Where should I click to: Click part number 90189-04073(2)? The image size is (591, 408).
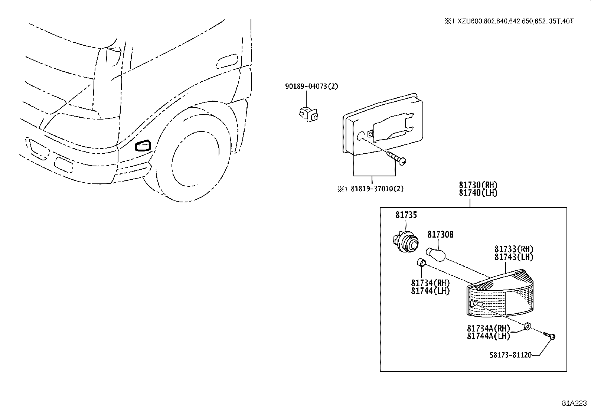pyautogui.click(x=311, y=86)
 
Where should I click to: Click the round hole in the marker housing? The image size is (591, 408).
pyautogui.click(x=360, y=136)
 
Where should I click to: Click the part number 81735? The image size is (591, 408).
pyautogui.click(x=406, y=215)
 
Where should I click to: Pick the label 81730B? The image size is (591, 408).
pyautogui.click(x=440, y=235)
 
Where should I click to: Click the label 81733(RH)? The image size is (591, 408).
pyautogui.click(x=514, y=249)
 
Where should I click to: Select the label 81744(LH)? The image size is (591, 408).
pyautogui.click(x=430, y=291)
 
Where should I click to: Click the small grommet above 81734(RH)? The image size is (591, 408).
pyautogui.click(x=421, y=263)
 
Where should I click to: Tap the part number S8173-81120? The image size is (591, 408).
pyautogui.click(x=510, y=355)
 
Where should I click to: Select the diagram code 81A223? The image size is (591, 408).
pyautogui.click(x=575, y=403)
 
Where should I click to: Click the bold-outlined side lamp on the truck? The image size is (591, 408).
pyautogui.click(x=143, y=146)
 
